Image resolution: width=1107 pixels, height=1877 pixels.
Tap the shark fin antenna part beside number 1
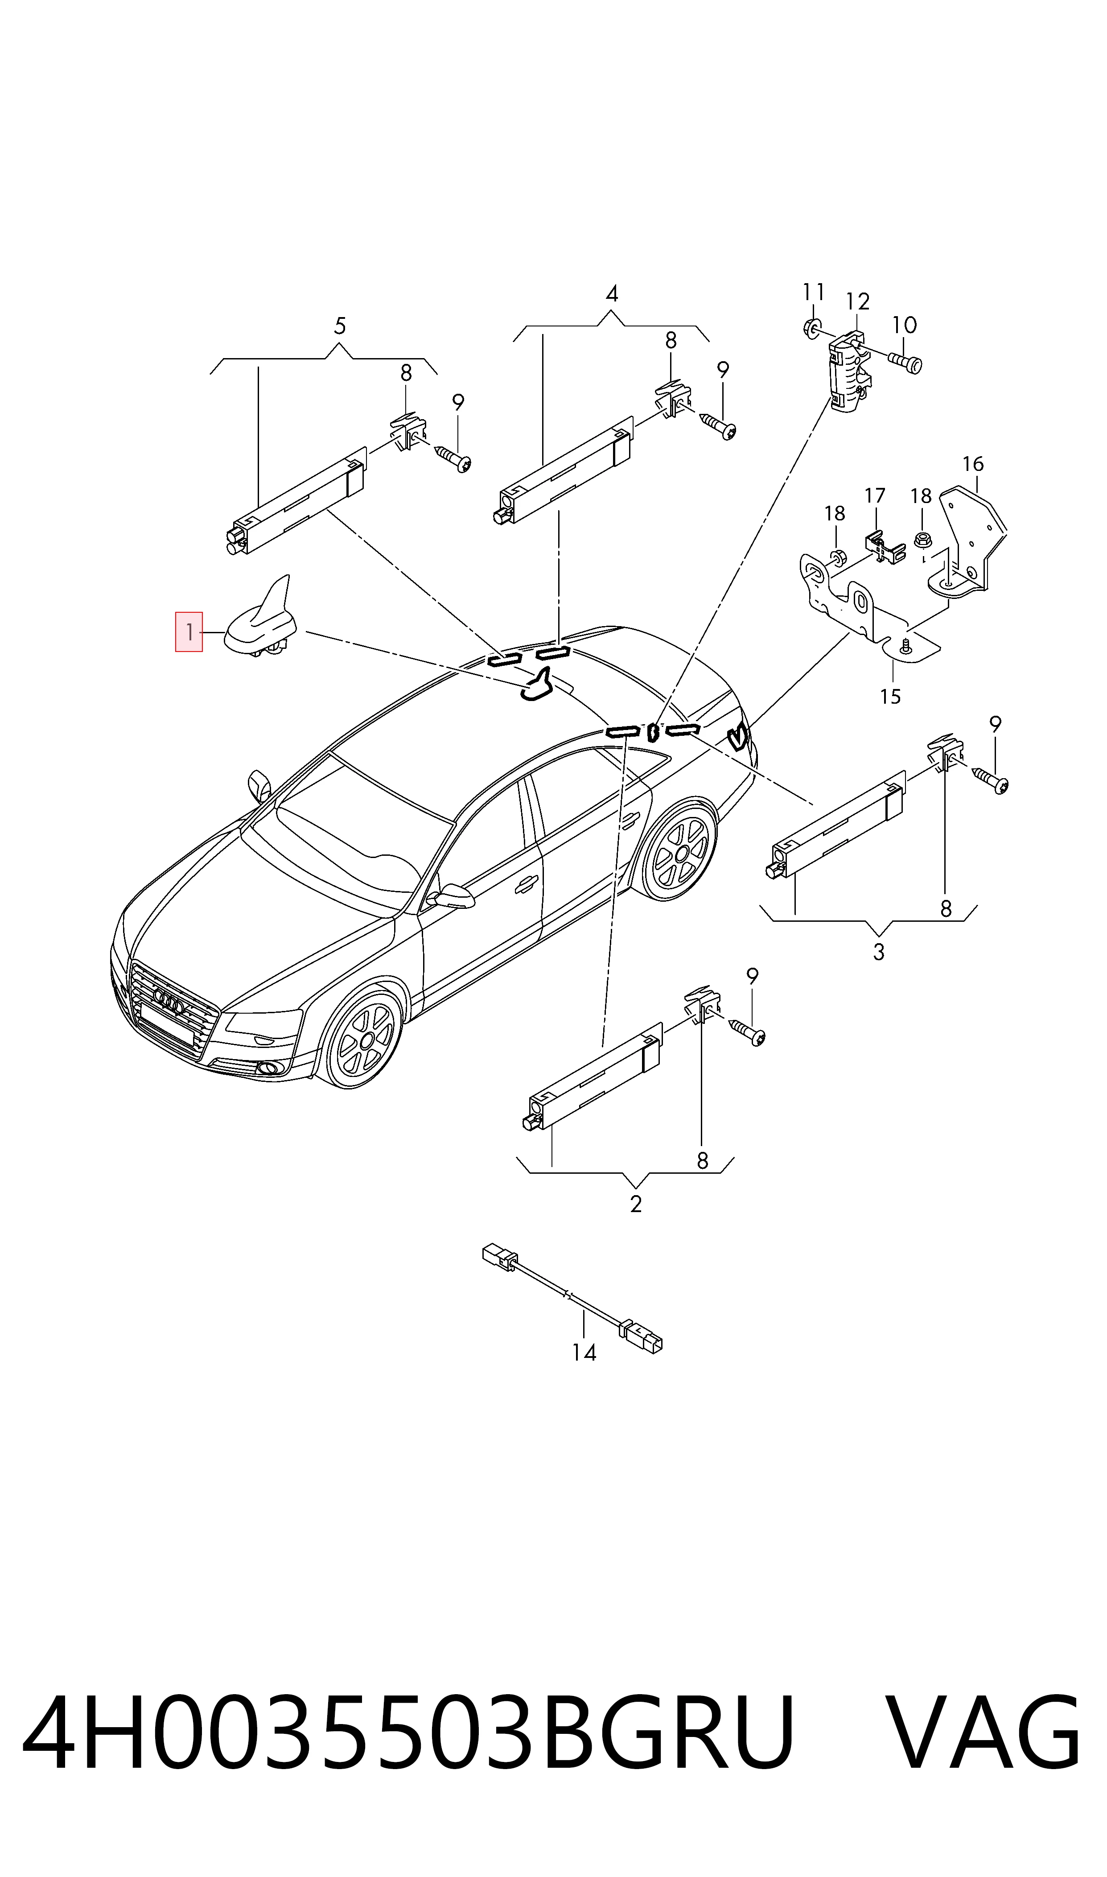261,619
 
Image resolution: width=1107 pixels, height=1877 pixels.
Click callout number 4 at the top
612,294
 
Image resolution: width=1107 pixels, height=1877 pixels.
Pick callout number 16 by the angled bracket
973,464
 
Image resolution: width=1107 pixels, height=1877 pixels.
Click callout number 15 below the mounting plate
891,697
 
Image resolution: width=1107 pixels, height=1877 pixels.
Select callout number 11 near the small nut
814,291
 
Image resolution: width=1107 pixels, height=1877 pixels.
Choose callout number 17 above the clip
875,495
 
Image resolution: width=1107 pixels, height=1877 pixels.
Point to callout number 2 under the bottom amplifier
636,1204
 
